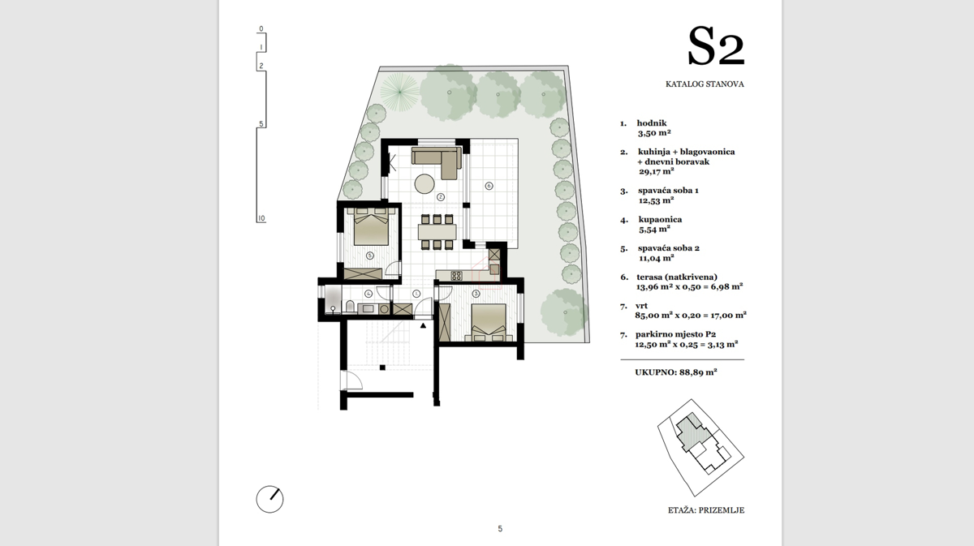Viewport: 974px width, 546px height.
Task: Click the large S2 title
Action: point(716,46)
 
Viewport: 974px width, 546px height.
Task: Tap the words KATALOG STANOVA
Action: point(705,84)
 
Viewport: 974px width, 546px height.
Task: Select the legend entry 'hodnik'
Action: point(651,123)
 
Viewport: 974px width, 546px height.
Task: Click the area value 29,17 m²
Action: point(656,171)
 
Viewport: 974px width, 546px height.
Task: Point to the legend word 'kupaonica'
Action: point(660,220)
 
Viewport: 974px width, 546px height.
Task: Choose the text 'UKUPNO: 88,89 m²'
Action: point(675,372)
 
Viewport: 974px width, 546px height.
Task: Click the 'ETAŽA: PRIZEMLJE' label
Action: point(706,510)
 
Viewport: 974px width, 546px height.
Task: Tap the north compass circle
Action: point(269,499)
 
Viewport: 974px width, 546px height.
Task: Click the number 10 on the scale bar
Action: point(261,219)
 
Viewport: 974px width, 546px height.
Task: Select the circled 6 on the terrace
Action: point(489,186)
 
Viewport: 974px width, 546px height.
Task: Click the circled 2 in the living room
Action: point(441,197)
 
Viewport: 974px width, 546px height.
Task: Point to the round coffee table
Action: point(425,184)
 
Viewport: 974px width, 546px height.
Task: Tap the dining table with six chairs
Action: point(437,232)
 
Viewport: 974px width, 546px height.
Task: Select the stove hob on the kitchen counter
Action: point(456,275)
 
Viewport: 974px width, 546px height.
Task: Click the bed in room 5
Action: point(371,227)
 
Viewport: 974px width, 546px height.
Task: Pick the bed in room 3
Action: point(489,323)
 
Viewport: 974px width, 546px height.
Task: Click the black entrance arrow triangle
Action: point(423,325)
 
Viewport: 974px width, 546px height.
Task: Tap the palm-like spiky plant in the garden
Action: point(399,92)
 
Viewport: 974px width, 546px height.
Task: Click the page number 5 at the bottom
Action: point(500,529)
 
